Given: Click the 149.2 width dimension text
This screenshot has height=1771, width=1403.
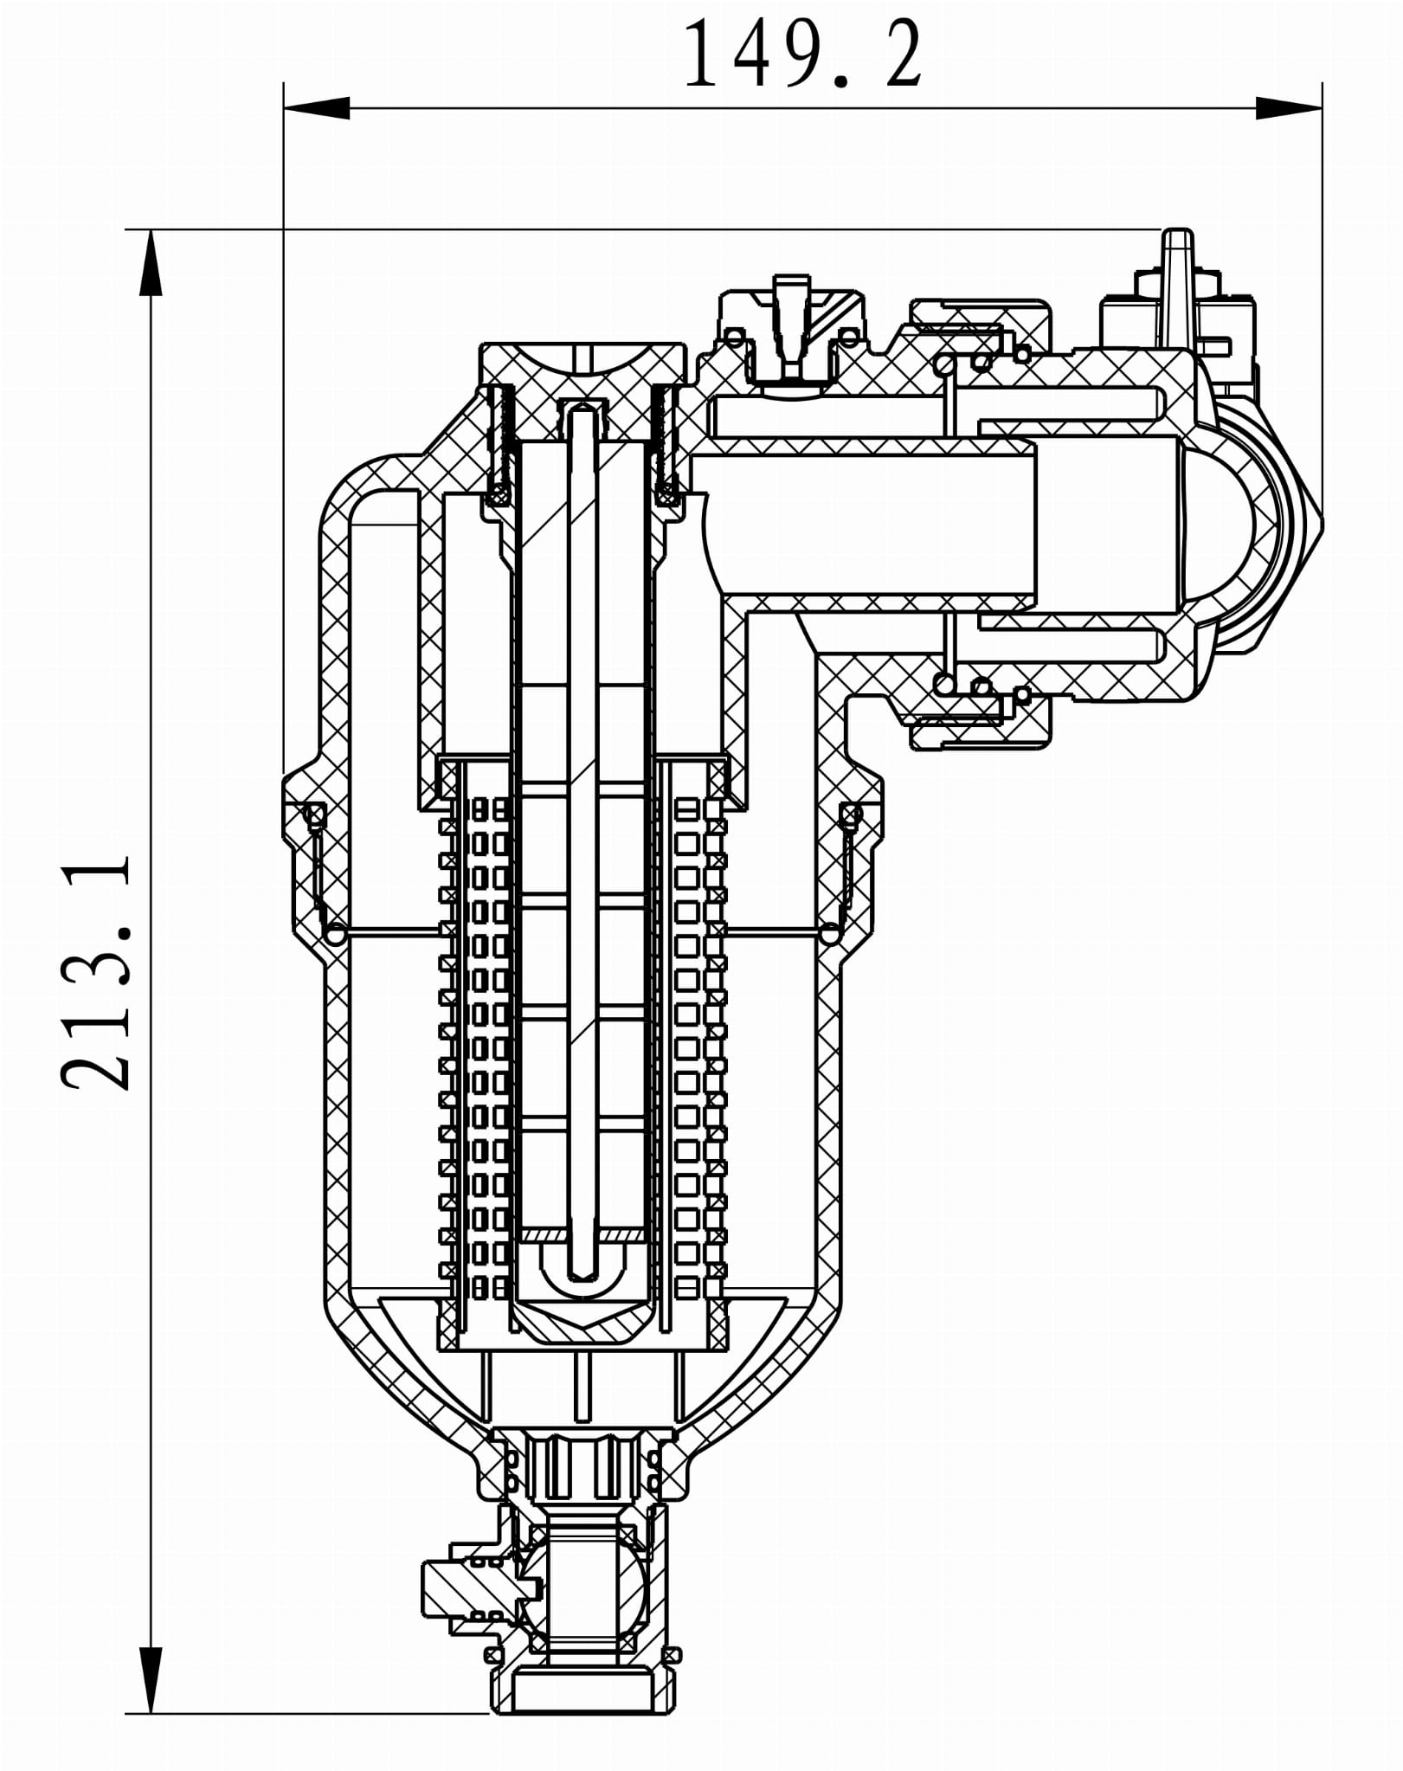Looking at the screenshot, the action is tap(803, 55).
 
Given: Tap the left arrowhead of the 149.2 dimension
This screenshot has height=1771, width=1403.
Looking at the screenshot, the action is tap(317, 108).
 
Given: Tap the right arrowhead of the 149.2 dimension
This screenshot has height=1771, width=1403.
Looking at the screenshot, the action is tap(1289, 108).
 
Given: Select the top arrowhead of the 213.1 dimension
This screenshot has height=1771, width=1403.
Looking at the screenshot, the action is tap(151, 263).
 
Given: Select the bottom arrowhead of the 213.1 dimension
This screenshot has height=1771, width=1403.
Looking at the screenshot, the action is tap(151, 1681).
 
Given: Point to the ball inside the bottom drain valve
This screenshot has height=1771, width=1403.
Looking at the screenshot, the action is tap(589, 1592).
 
